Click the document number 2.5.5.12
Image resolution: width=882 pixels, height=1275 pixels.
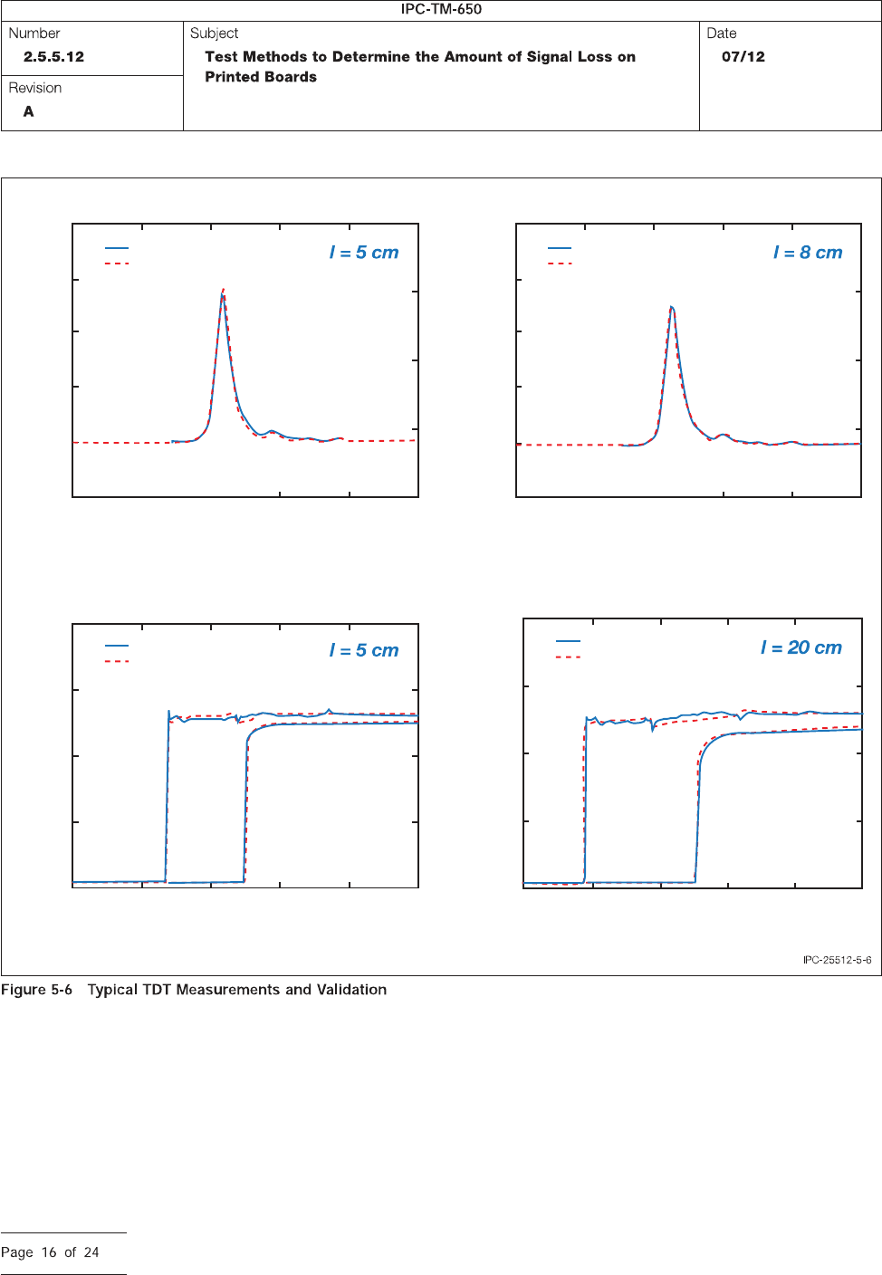pyautogui.click(x=53, y=56)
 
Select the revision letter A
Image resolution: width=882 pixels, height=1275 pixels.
pyautogui.click(x=29, y=111)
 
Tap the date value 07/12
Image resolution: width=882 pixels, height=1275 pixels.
pyautogui.click(x=743, y=56)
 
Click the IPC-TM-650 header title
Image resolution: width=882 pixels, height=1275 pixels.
pyautogui.click(x=441, y=9)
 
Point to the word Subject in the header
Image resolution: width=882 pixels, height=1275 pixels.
pyautogui.click(x=214, y=34)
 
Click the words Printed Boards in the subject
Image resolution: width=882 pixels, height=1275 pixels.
pyautogui.click(x=261, y=77)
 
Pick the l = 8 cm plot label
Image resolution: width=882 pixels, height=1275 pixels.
pyautogui.click(x=808, y=253)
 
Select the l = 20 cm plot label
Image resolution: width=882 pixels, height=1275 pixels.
pyautogui.click(x=801, y=647)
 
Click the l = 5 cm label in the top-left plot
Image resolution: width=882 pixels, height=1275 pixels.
pyautogui.click(x=364, y=253)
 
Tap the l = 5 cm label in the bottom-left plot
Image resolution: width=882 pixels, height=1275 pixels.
pyautogui.click(x=364, y=650)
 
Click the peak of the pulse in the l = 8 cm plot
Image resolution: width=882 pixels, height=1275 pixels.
pyautogui.click(x=672, y=308)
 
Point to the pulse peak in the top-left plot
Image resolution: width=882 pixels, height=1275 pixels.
pyautogui.click(x=223, y=292)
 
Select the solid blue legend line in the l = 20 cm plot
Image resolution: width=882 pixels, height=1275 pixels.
pyautogui.click(x=568, y=641)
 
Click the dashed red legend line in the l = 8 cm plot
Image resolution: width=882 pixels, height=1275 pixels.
pyautogui.click(x=560, y=264)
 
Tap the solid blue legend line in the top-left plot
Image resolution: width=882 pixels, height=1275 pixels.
pyautogui.click(x=117, y=248)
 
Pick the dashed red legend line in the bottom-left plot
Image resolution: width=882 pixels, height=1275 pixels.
pyautogui.click(x=117, y=662)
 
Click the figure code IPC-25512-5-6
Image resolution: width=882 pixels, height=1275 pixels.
pyautogui.click(x=837, y=960)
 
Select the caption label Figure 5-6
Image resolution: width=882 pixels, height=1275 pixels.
pyautogui.click(x=36, y=990)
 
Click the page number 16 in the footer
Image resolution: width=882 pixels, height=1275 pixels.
pyautogui.click(x=49, y=1252)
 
